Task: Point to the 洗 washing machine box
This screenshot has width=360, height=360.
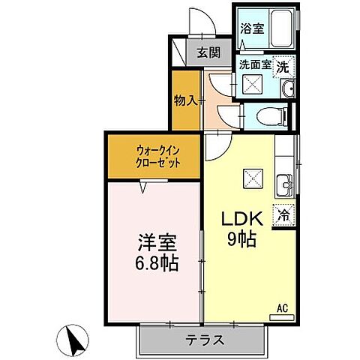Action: (283, 66)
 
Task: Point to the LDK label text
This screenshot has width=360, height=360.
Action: (239, 218)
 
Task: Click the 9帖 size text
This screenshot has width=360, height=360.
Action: (240, 241)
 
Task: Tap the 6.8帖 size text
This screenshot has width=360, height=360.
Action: (157, 265)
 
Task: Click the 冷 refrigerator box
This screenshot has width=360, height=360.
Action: (283, 214)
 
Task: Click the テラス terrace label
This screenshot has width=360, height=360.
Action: (204, 339)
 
